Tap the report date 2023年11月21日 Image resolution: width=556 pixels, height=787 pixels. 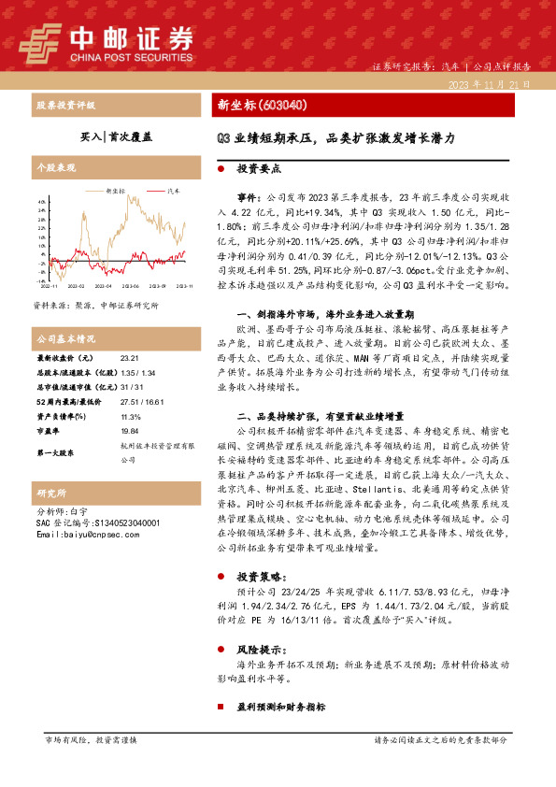tap(490, 83)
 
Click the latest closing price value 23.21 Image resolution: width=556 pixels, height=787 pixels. tap(130, 357)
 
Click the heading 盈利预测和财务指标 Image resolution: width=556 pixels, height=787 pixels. tap(279, 709)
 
